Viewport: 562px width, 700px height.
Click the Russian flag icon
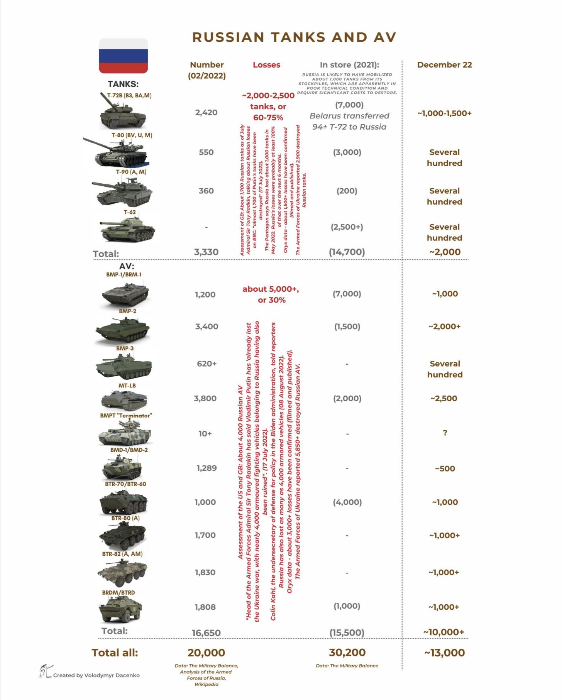(x=123, y=56)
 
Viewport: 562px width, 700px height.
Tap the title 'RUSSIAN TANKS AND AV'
(x=294, y=37)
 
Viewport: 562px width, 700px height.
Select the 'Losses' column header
(x=266, y=65)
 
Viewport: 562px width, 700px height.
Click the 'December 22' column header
(x=444, y=65)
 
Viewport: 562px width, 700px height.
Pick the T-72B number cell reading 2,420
(x=206, y=113)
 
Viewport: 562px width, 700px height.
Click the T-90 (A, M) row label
(x=131, y=172)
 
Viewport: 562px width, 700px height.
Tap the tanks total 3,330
(x=206, y=252)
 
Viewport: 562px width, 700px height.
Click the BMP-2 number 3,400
(x=207, y=326)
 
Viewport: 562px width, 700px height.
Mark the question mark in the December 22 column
(x=445, y=433)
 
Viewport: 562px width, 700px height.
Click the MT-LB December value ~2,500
(x=444, y=398)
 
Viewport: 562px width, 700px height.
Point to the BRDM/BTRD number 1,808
(x=205, y=607)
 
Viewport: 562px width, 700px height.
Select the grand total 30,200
(x=347, y=653)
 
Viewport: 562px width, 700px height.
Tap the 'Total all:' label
(x=115, y=653)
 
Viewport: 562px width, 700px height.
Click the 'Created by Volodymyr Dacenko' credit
(x=96, y=675)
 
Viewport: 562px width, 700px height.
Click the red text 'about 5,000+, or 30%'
(x=271, y=294)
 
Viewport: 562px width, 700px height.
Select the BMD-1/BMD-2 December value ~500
(x=445, y=469)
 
